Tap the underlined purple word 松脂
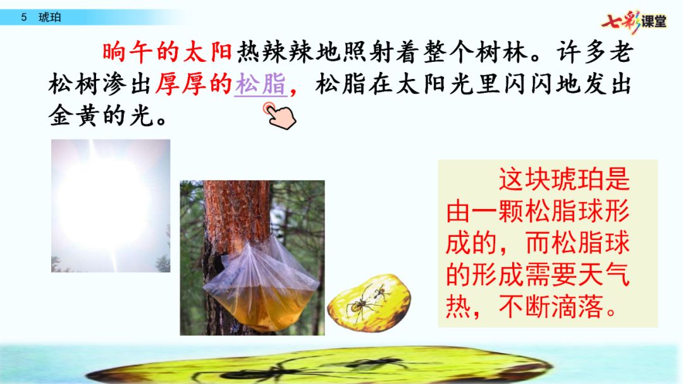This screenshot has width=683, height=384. pyautogui.click(x=261, y=84)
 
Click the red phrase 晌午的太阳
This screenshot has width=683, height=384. pyautogui.click(x=167, y=52)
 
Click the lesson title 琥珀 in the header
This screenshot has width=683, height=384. pyautogui.click(x=50, y=18)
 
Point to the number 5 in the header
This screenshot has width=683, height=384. pyautogui.click(x=24, y=18)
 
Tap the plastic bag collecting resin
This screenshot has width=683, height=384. pyautogui.click(x=261, y=285)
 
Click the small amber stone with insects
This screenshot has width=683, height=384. pyautogui.click(x=369, y=303)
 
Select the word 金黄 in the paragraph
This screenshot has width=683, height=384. pyautogui.click(x=73, y=116)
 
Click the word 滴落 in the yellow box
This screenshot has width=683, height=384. pyautogui.click(x=577, y=306)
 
